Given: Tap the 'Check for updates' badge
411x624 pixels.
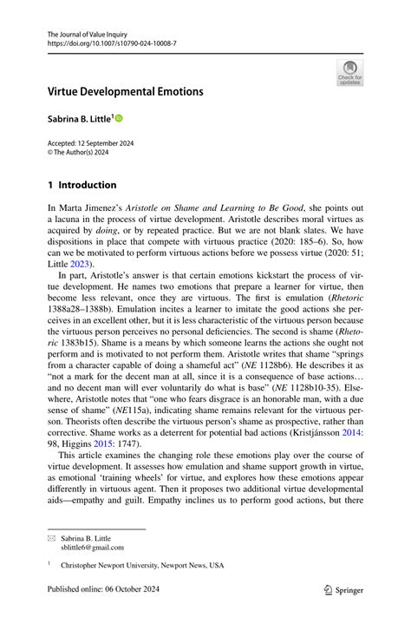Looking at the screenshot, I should [x=350, y=73].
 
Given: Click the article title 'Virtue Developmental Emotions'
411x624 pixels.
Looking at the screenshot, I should [x=125, y=91].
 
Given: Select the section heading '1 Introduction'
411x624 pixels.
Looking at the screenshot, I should [x=82, y=185].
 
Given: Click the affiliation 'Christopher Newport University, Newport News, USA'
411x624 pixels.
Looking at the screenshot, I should [x=142, y=564].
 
